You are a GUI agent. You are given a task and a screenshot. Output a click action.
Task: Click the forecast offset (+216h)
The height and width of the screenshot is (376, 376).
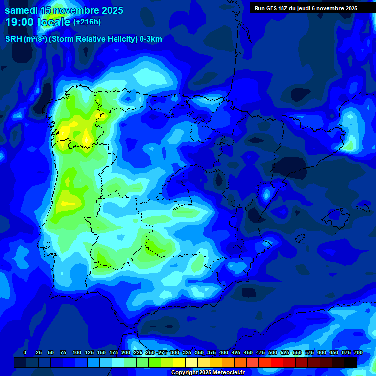pyautogui.click(x=87, y=22)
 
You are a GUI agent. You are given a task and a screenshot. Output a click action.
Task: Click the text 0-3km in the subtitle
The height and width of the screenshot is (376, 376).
pyautogui.click(x=151, y=39)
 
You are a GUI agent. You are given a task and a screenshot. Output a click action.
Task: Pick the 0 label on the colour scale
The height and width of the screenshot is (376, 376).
pyautogui.click(x=25, y=352)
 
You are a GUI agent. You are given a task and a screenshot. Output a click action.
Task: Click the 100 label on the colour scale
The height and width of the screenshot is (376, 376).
pyautogui.click(x=77, y=352)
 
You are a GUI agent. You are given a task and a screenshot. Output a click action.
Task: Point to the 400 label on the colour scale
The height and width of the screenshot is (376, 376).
pyautogui.click(x=224, y=352)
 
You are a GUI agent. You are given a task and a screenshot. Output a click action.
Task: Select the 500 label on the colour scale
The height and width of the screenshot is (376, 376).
pyautogui.click(x=273, y=352)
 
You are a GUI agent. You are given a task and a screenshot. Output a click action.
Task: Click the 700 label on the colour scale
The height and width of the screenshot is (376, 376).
pyautogui.click(x=358, y=352)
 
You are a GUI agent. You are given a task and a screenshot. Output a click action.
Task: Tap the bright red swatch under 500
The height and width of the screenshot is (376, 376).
pyautogui.click(x=277, y=362)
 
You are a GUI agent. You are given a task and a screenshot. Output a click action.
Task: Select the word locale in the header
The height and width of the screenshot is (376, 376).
pyautogui.click(x=53, y=22)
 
